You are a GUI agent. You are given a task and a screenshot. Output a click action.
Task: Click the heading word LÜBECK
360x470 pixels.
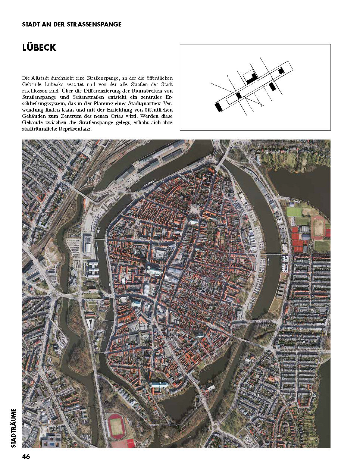[39, 48]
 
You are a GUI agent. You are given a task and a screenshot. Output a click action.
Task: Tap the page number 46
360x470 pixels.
[26, 457]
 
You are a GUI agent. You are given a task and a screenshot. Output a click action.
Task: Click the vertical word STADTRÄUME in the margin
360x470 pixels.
[14, 428]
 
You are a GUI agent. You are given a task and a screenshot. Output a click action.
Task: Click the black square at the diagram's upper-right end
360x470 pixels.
[281, 70]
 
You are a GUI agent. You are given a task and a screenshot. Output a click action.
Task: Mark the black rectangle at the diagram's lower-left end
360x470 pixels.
[219, 107]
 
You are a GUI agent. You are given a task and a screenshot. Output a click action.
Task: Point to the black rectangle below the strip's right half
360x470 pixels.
[272, 86]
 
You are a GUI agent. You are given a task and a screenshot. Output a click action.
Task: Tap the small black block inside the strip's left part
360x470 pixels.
[239, 95]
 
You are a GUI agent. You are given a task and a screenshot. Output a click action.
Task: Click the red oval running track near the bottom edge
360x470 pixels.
[117, 425]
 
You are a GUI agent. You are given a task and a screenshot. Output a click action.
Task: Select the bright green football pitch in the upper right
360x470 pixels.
[294, 212]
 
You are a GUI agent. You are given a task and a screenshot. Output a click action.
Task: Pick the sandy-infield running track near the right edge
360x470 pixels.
[318, 227]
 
